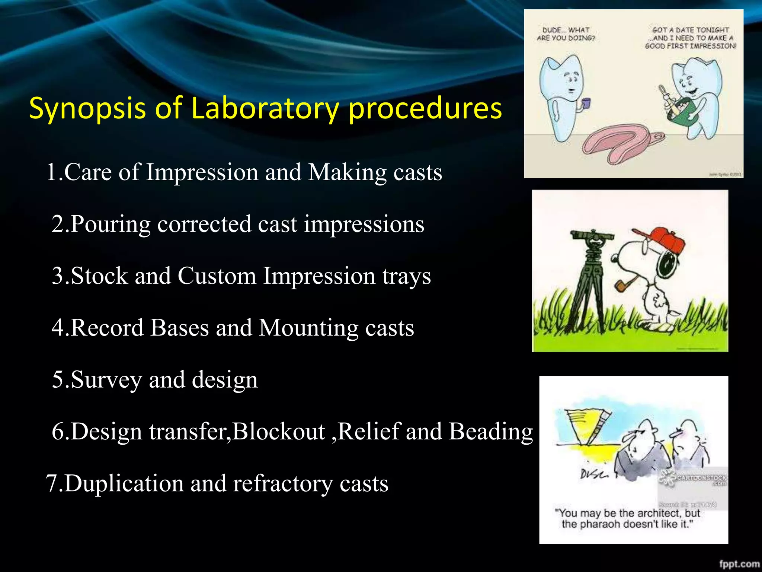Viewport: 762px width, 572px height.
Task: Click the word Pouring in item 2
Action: [x=111, y=225]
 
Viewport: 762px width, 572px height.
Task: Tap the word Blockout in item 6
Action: [x=279, y=432]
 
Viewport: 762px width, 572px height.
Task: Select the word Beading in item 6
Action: [x=491, y=432]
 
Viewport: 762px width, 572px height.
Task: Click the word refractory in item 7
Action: [x=283, y=484]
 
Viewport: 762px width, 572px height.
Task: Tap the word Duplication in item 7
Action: [x=124, y=484]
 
